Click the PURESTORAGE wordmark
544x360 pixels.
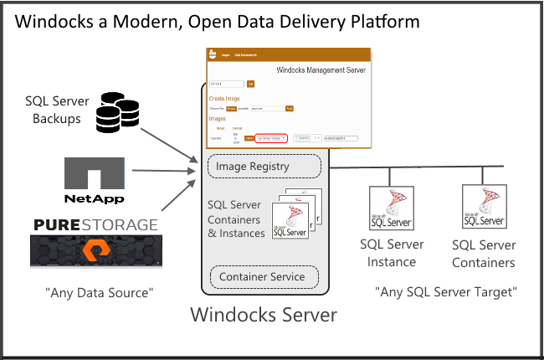click(95, 225)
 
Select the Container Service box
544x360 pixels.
click(263, 277)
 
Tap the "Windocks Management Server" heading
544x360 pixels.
click(321, 70)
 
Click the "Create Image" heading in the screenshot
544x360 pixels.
click(223, 99)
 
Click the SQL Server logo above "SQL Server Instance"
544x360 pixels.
click(391, 208)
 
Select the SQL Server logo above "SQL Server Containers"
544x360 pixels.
click(484, 207)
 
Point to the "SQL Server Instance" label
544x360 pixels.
click(392, 253)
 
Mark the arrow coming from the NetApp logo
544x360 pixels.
click(163, 171)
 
